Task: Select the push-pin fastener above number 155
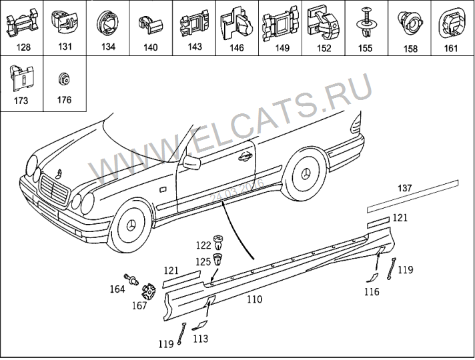click(x=365, y=22)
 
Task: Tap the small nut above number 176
click(x=64, y=79)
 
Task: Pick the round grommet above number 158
click(x=408, y=22)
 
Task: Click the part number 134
click(x=107, y=47)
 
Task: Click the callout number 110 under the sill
click(x=254, y=299)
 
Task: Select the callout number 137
click(x=406, y=187)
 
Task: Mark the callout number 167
click(x=139, y=306)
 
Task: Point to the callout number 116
click(x=372, y=291)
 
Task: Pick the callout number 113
click(x=200, y=339)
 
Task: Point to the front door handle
click(x=245, y=157)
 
